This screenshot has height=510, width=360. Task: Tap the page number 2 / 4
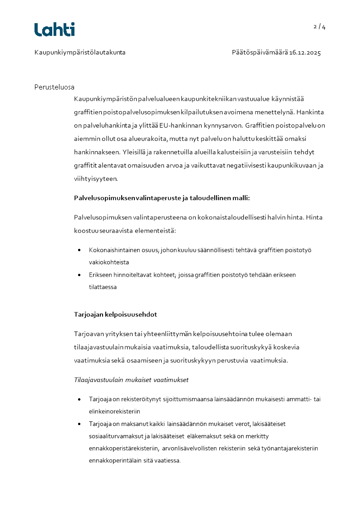(320, 27)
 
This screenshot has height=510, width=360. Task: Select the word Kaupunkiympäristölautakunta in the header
(80, 53)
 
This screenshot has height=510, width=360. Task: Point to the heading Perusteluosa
(54, 87)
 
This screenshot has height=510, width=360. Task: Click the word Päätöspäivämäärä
(260, 53)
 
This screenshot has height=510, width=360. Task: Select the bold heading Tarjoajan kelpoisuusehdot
(116, 314)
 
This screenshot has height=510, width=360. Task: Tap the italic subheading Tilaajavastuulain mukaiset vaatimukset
(131, 380)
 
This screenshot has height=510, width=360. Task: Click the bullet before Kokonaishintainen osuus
(79, 250)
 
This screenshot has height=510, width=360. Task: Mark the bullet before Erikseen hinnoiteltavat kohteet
(79, 275)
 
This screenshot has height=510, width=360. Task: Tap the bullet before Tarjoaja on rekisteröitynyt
(79, 399)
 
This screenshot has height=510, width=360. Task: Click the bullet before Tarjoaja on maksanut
(79, 424)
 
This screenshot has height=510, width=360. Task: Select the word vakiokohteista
(109, 262)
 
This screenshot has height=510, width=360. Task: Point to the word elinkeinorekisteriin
(115, 411)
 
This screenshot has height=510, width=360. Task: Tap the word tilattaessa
(103, 287)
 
